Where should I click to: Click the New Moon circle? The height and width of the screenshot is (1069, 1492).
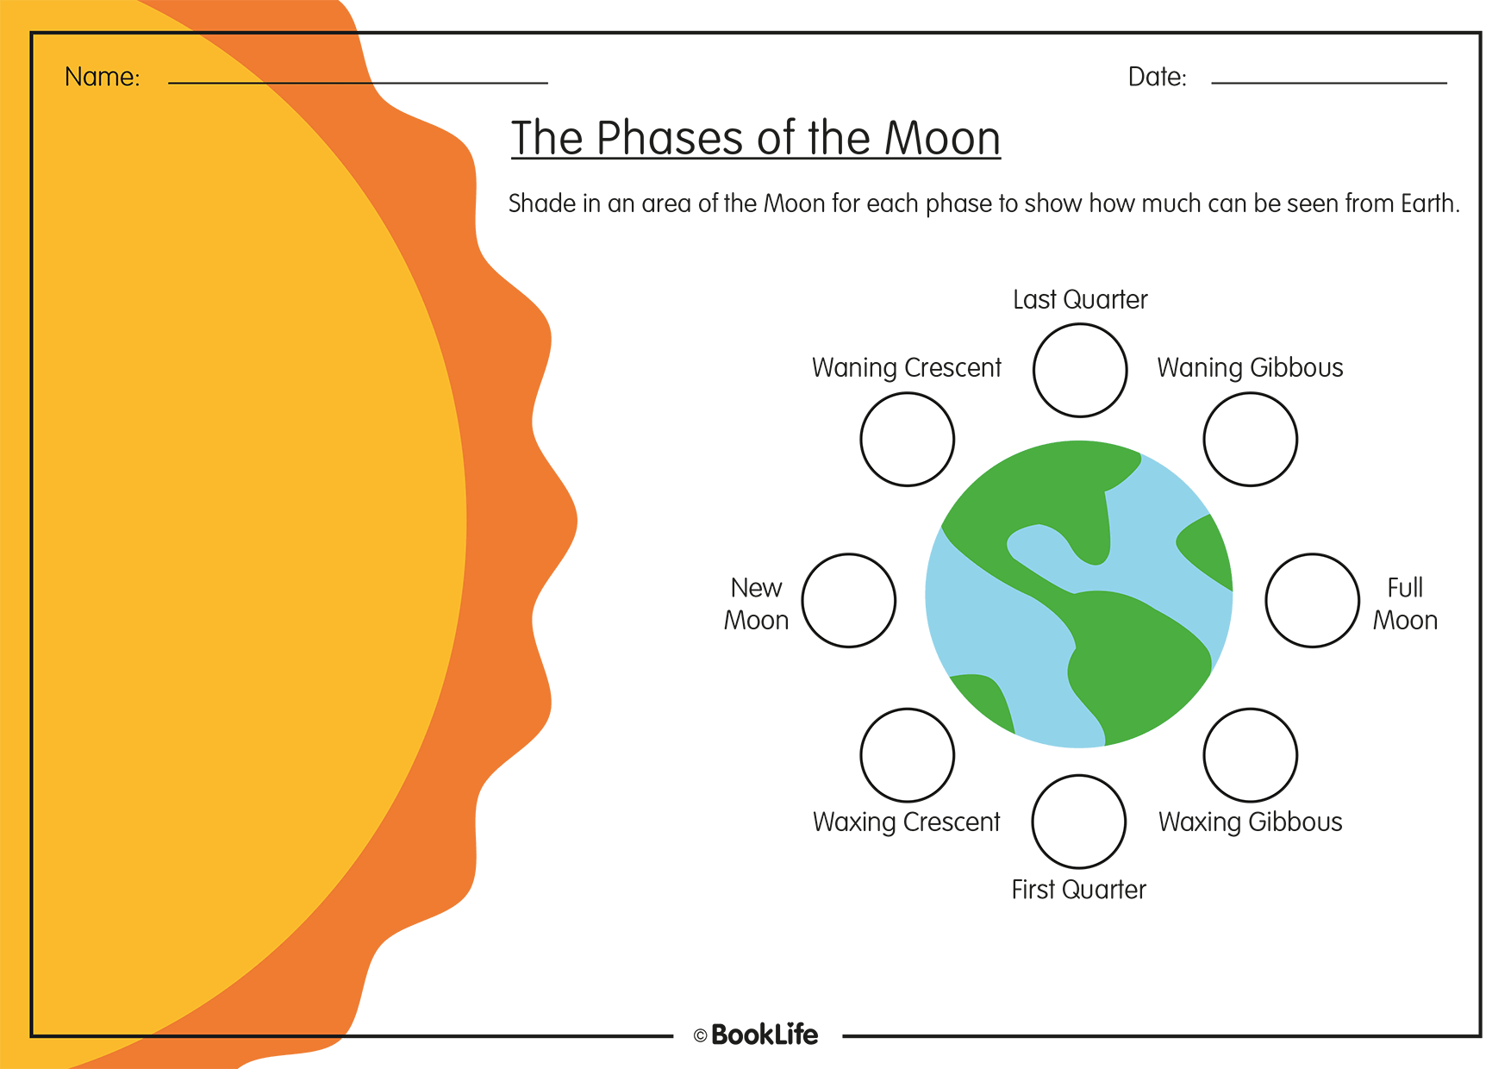848,600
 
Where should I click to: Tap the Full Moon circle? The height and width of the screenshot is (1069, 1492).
1312,600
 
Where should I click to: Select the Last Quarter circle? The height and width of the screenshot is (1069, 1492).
1080,370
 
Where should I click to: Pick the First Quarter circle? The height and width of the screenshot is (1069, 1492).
1078,821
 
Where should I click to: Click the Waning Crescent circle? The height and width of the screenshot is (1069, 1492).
907,439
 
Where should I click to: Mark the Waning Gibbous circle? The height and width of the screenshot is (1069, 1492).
1250,439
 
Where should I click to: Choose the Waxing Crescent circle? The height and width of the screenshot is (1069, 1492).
907,754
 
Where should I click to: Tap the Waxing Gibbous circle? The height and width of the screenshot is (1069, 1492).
1250,754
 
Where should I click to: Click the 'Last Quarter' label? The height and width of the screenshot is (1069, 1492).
1080,300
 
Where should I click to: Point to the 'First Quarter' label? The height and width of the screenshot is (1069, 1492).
1078,890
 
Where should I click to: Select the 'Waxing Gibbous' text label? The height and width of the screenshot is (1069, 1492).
1250,822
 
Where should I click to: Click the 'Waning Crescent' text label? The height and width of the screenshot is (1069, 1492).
906,368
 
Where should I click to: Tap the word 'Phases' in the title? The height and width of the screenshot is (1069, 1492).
668,139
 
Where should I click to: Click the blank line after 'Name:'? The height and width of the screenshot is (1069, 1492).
358,81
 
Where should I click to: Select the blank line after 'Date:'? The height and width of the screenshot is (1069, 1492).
1328,81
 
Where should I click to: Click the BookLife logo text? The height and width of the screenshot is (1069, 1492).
765,1035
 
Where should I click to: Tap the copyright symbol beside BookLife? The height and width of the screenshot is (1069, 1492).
700,1036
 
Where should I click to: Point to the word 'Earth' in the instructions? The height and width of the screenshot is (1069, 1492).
1428,203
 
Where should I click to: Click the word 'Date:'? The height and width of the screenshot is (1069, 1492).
1157,78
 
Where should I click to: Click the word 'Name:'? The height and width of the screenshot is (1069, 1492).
102,78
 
